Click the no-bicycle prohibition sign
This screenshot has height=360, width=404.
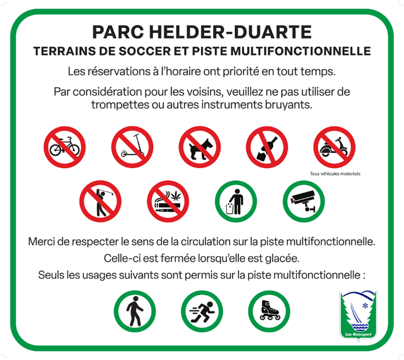(65, 147)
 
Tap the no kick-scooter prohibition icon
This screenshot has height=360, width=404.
(132, 147)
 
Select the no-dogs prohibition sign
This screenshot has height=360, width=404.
(200, 147)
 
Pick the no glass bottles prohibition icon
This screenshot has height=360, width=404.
(267, 147)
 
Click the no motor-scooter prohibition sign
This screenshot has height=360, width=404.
(334, 147)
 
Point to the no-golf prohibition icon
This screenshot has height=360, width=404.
(100, 201)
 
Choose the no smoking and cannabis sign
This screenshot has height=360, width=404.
(168, 201)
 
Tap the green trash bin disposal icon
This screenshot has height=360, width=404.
(236, 201)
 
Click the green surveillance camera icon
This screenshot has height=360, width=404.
(304, 201)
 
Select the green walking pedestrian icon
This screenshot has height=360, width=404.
(135, 311)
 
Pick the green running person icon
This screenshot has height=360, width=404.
(202, 311)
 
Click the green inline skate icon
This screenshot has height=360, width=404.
(269, 311)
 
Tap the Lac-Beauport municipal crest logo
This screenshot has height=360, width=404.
(359, 316)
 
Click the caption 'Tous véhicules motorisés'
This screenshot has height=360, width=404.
(335, 174)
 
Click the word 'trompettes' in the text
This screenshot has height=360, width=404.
(120, 105)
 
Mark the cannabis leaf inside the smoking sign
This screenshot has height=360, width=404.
(176, 195)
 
